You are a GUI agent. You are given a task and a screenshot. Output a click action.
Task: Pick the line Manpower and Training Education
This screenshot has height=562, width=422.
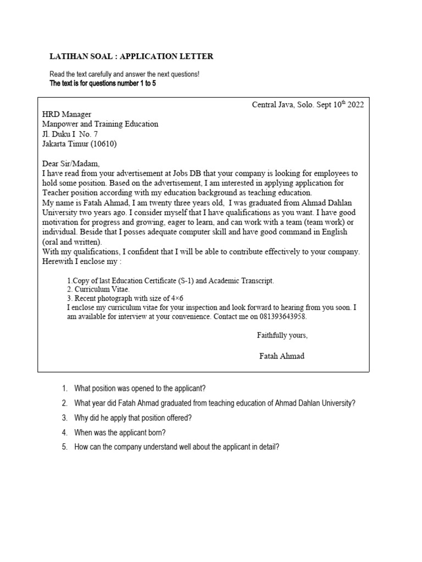pyautogui.click(x=100, y=124)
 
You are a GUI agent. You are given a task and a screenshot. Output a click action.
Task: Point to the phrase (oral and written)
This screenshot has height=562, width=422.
pyautogui.click(x=72, y=242)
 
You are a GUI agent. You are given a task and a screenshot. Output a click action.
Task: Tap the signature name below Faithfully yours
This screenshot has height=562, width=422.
pyautogui.click(x=281, y=356)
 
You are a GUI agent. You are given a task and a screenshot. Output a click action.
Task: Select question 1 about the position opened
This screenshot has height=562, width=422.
pyautogui.click(x=140, y=389)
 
